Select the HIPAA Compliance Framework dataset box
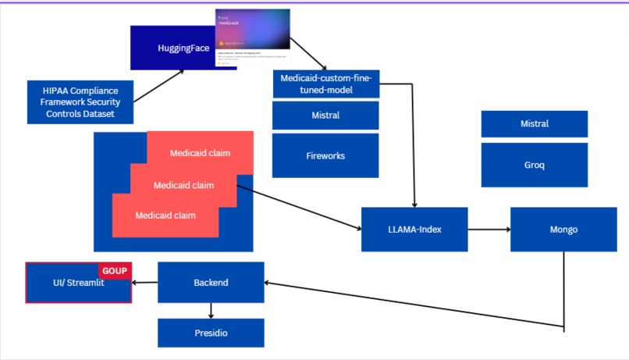tap(80, 102)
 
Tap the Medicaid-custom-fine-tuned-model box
tap(326, 84)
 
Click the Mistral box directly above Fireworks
tap(325, 116)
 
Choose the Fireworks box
tap(325, 155)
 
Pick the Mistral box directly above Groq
tap(535, 124)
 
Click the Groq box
tap(535, 166)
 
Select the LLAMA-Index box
tap(414, 230)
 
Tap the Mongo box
tap(563, 230)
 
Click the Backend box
tap(211, 283)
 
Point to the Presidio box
tap(211, 333)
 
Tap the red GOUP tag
tap(115, 270)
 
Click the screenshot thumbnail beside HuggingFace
tap(252, 37)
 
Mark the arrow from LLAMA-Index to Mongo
tap(489, 230)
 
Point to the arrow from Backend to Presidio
tap(211, 311)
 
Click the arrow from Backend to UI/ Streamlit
tap(145, 283)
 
